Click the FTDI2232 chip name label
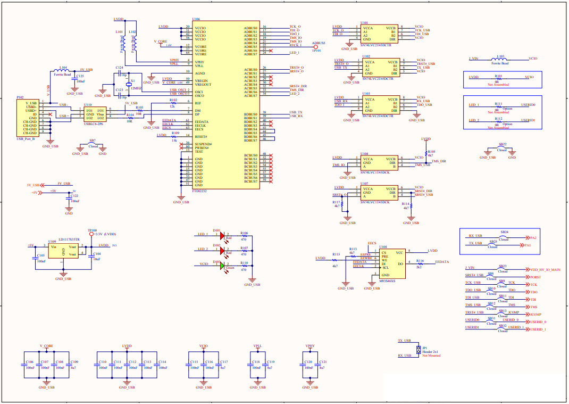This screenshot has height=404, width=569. click(200, 191)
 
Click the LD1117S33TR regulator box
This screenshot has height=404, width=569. click(63, 251)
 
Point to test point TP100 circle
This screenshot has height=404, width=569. click(91, 234)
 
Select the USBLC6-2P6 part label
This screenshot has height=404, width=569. click(93, 123)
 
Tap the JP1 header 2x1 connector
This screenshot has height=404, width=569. click(419, 348)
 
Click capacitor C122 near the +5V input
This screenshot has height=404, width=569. click(68, 197)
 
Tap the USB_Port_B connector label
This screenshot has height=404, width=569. click(26, 139)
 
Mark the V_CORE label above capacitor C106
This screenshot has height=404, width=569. click(46, 346)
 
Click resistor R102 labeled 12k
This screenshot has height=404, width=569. click(173, 103)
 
